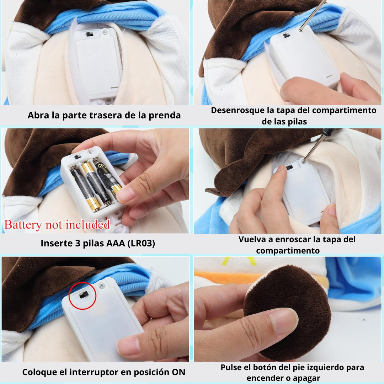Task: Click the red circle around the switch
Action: (x=82, y=295)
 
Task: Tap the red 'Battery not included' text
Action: (x=57, y=225)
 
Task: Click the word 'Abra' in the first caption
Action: (x=38, y=115)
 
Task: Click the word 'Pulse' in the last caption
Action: (x=232, y=367)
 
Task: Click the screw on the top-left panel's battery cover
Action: (x=105, y=32)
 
